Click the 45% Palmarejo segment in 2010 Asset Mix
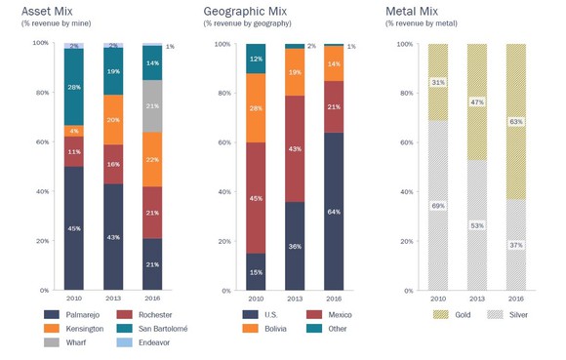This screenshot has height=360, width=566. point(74,229)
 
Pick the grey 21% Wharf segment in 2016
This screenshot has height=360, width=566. point(152,106)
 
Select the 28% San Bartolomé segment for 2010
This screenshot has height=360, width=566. point(74,87)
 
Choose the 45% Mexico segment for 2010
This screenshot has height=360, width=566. point(256,198)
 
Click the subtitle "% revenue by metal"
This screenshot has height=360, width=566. point(423,23)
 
